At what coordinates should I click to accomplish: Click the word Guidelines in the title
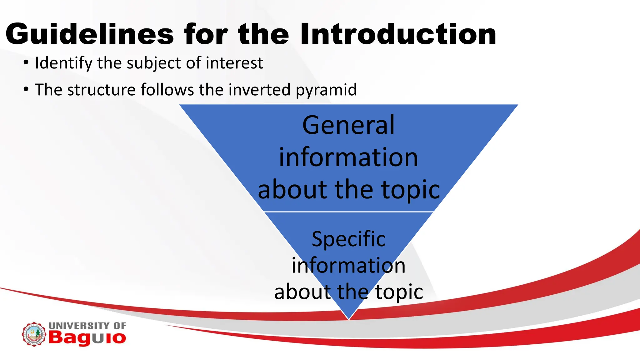[90, 34]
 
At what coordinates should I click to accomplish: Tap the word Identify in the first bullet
[63, 63]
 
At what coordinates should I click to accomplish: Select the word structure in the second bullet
[101, 90]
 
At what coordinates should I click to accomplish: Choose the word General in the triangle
[348, 125]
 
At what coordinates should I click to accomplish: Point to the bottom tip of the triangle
[348, 318]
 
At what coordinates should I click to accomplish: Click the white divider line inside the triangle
[348, 212]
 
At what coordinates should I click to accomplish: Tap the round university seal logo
[34, 334]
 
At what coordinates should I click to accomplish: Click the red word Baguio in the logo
[87, 338]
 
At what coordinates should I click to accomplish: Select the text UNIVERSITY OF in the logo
[87, 325]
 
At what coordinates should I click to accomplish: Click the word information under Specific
[348, 266]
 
